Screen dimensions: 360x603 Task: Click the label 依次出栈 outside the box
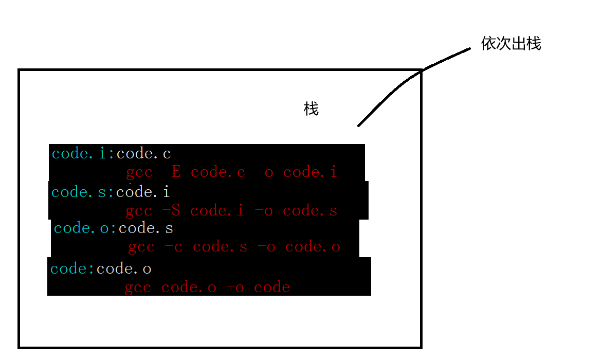(511, 44)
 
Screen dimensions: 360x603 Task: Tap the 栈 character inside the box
(311, 109)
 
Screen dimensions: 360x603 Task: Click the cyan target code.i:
(84, 153)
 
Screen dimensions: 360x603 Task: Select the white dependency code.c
(143, 153)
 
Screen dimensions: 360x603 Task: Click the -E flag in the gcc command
(171, 172)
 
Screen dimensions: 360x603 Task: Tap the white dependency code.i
(143, 192)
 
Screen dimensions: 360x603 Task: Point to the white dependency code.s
(145, 228)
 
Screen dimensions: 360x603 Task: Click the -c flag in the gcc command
(174, 247)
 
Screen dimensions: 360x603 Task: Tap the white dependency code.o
(124, 268)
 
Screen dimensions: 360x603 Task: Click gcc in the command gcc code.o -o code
(138, 287)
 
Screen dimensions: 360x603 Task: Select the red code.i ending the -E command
(310, 172)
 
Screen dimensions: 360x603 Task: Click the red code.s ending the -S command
(310, 210)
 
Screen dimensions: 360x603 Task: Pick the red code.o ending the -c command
(313, 247)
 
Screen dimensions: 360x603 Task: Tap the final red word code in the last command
(272, 287)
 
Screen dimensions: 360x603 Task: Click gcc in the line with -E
(139, 172)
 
